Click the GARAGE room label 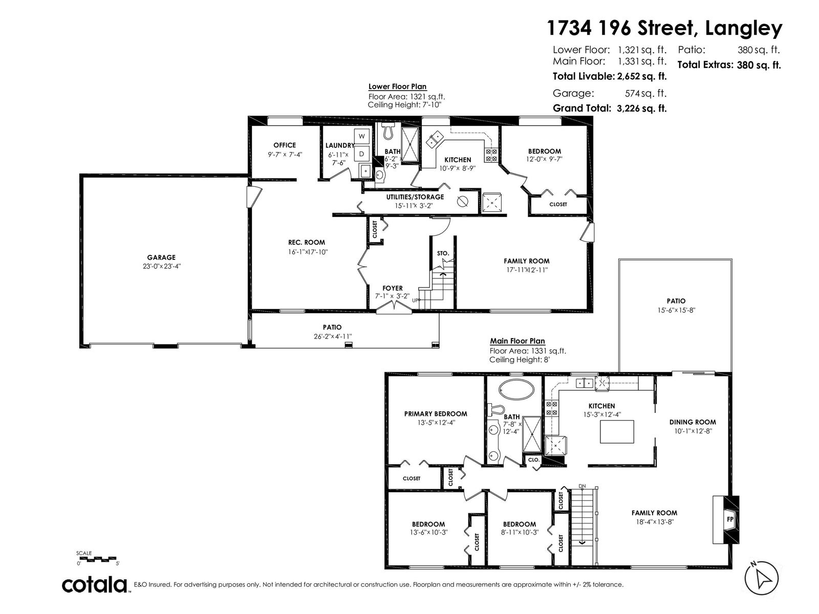[x=161, y=257]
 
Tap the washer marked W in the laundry [x=361, y=137]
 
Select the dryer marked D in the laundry [x=361, y=153]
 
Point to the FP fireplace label [x=730, y=519]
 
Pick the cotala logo [x=95, y=585]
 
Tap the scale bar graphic [x=97, y=559]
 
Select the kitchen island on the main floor [x=617, y=432]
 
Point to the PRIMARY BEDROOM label [x=436, y=414]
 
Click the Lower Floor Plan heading [x=397, y=86]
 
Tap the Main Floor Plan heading [x=517, y=341]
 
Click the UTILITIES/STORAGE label [x=415, y=197]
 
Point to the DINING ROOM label [x=693, y=422]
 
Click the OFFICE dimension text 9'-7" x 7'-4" [x=285, y=155]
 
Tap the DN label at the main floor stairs [x=582, y=486]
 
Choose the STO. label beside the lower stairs [x=443, y=253]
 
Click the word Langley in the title [x=744, y=28]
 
